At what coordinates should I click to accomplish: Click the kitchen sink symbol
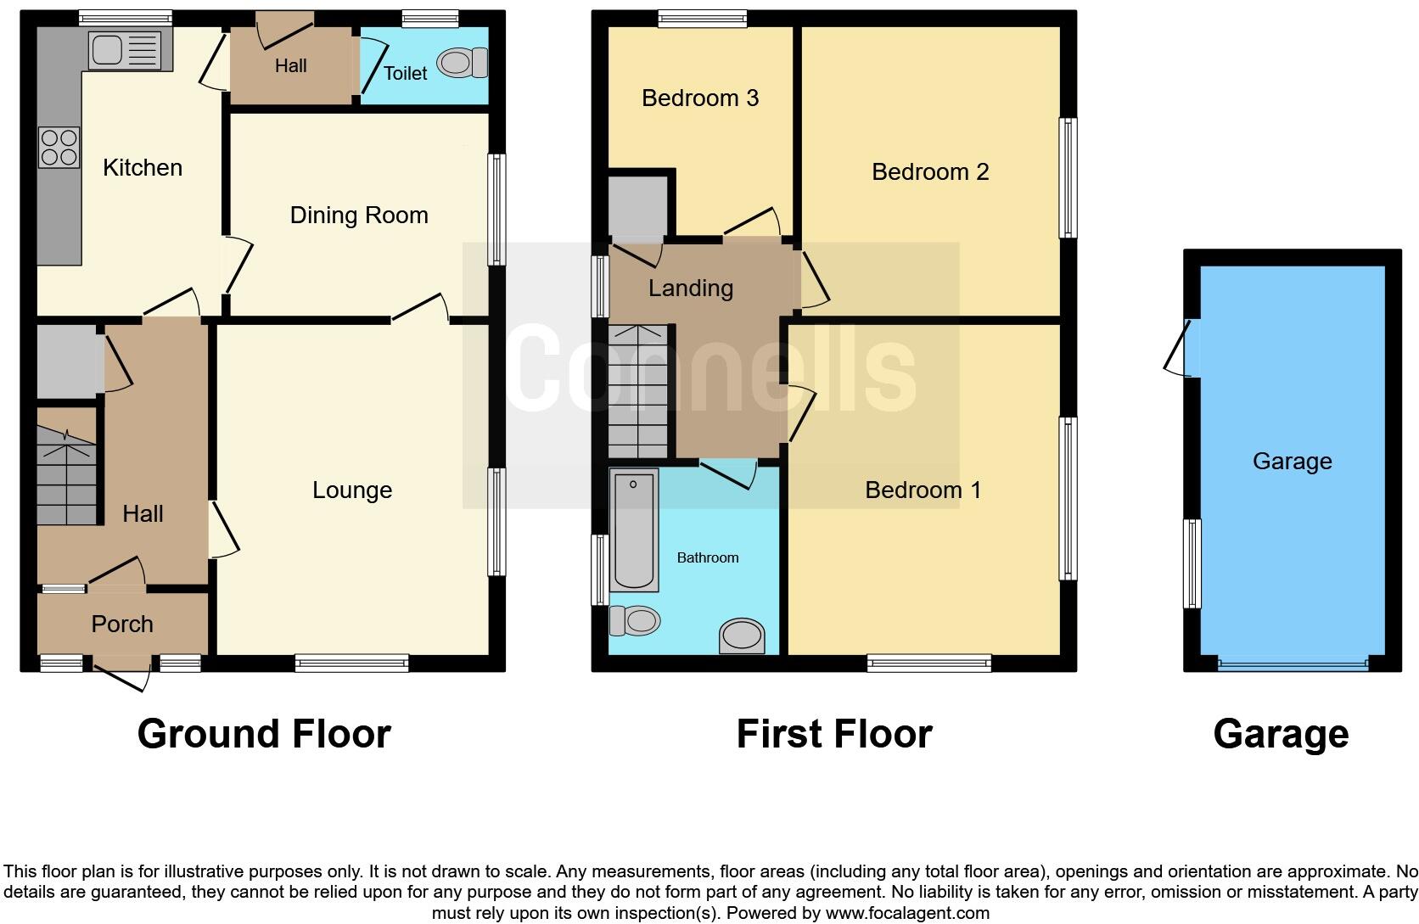pyautogui.click(x=125, y=49)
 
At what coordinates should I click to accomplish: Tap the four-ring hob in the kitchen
pyautogui.click(x=59, y=148)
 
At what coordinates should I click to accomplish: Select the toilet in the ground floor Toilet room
pyautogui.click(x=463, y=62)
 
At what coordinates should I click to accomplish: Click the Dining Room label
pyautogui.click(x=359, y=216)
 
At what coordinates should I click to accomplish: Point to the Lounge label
pyautogui.click(x=352, y=490)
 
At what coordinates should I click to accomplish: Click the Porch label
pyautogui.click(x=122, y=624)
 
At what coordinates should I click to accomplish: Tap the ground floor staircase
pyautogui.click(x=67, y=467)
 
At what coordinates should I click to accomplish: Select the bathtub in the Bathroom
pyautogui.click(x=634, y=530)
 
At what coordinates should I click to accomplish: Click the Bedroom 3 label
pyautogui.click(x=700, y=98)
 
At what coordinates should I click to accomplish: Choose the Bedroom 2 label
pyautogui.click(x=930, y=172)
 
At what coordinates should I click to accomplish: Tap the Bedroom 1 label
pyautogui.click(x=923, y=490)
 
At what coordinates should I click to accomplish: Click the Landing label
pyautogui.click(x=691, y=288)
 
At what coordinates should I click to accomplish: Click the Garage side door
pyautogui.click(x=1181, y=348)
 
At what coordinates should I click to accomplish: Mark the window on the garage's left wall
pyautogui.click(x=1192, y=563)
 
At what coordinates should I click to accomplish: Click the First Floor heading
pyautogui.click(x=833, y=734)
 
